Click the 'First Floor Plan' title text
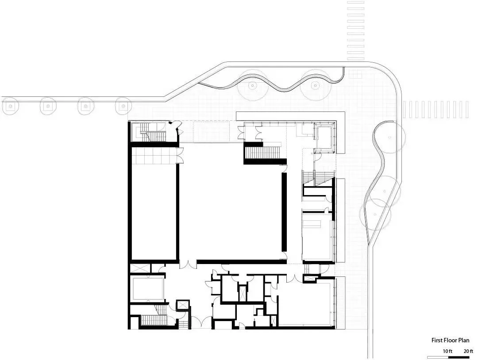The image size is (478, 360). [450, 340]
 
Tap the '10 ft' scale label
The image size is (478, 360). [447, 351]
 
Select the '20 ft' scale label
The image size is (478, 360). [468, 351]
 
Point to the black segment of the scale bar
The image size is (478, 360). [459, 357]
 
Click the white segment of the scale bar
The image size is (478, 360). [437, 357]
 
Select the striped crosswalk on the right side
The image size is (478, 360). [436, 109]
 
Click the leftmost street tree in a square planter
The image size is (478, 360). [10, 106]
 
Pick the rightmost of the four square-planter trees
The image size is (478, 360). [123, 106]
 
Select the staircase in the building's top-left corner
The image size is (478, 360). [152, 133]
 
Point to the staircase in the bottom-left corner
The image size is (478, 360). [154, 320]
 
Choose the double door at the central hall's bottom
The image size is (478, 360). [188, 264]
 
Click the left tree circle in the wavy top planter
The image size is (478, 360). [253, 86]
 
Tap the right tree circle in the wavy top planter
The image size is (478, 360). [316, 86]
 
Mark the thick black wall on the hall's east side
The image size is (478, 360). [285, 212]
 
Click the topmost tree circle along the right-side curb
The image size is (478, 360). [389, 137]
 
